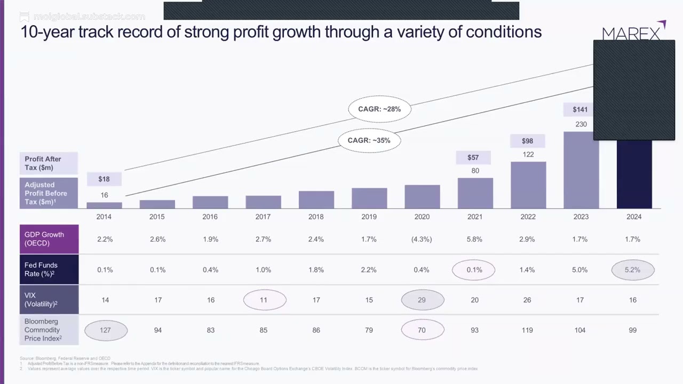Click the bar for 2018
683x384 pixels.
point(316,199)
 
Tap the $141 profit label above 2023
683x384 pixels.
point(580,109)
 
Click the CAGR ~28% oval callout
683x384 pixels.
point(379,109)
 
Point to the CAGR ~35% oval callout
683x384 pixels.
point(369,141)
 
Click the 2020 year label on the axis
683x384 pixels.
point(422,217)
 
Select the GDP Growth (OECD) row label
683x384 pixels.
point(49,239)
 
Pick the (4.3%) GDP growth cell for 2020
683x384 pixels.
point(422,239)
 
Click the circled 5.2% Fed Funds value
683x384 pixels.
point(632,270)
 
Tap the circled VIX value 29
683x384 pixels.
point(422,300)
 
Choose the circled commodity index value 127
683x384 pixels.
point(105,330)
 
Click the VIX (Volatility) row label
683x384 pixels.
point(49,300)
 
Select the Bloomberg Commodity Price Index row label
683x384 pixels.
point(49,330)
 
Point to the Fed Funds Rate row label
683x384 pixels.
point(49,269)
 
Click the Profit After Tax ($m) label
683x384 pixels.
point(49,163)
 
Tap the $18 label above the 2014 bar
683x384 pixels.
point(104,179)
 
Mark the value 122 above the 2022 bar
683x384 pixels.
point(528,155)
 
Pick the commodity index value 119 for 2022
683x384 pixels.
point(527,330)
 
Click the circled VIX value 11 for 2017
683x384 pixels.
point(264,300)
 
